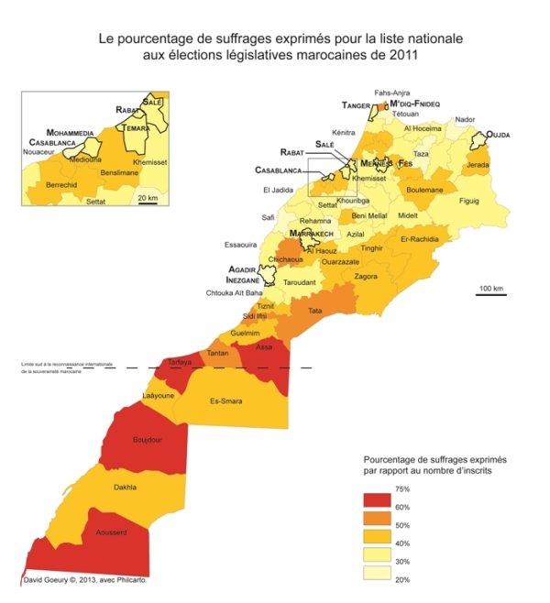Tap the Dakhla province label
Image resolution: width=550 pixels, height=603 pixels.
[125, 488]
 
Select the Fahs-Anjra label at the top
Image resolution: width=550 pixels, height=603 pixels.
[393, 93]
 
